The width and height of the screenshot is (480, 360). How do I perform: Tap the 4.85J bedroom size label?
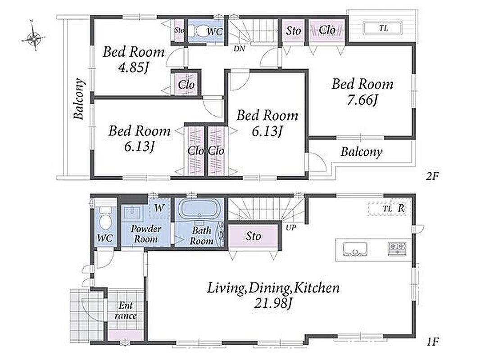coord(133,67)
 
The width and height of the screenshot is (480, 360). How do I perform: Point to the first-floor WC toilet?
coord(105,218)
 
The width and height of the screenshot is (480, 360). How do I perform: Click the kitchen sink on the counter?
coord(355,249)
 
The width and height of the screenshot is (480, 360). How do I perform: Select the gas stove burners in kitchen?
coord(397,248)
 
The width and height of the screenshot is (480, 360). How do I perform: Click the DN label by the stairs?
coord(239,48)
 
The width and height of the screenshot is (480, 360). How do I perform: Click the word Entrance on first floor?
coord(126,310)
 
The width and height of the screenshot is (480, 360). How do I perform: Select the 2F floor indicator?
coord(432,176)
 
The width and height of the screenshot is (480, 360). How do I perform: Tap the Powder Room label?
coord(146,234)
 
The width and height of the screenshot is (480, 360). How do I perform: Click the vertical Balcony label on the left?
coord(79,99)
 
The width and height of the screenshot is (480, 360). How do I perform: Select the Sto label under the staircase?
coord(254,236)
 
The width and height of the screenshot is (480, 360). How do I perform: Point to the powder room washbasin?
coord(132,211)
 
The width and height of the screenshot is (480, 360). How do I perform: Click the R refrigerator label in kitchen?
coord(401,208)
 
